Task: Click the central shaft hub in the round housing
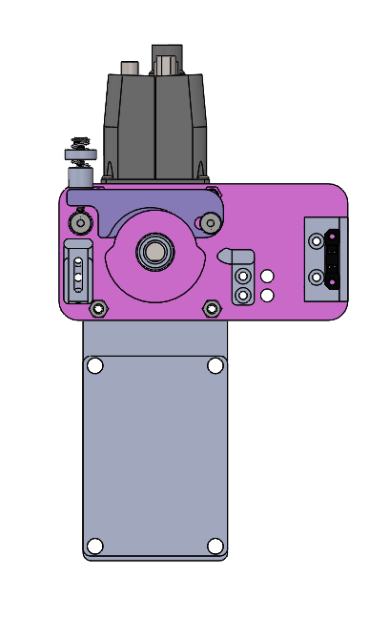[153, 253]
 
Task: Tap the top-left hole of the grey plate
[94, 365]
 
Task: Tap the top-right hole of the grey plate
[215, 365]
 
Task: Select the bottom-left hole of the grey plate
[94, 546]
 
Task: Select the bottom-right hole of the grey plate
[215, 546]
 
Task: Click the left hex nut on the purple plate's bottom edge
[97, 308]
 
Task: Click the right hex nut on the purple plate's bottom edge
[212, 308]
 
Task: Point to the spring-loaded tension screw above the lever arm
[78, 153]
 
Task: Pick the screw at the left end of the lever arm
[81, 223]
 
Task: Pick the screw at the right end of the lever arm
[209, 223]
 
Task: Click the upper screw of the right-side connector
[317, 241]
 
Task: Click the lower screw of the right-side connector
[317, 278]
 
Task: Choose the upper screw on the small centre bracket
[244, 277]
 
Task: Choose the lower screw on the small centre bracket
[244, 295]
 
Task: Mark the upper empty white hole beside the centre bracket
[267, 277]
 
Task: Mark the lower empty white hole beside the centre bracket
[267, 295]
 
